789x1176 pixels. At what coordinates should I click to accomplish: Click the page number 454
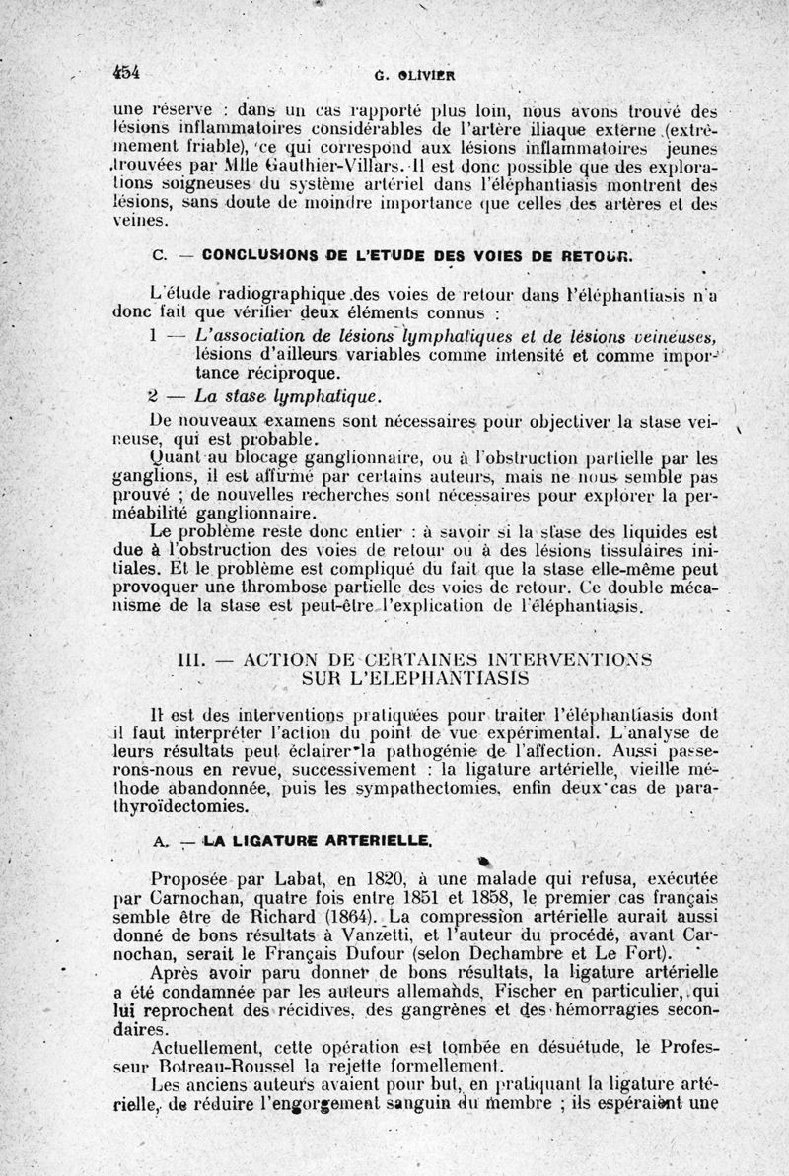[128, 71]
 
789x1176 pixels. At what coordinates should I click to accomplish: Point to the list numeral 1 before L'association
[155, 335]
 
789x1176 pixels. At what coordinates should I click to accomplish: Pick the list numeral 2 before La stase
[154, 397]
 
